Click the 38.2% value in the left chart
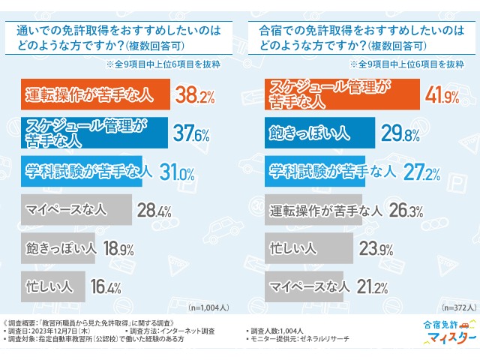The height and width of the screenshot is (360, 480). pyautogui.click(x=195, y=94)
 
